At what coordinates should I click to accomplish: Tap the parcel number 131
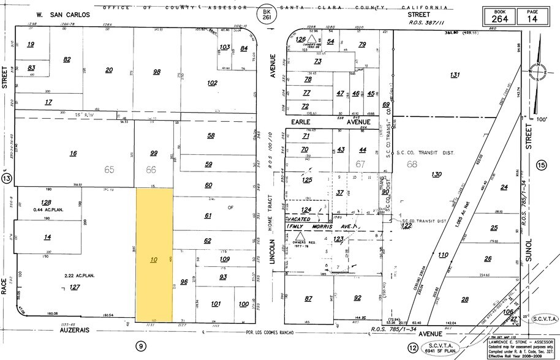pyautogui.click(x=454, y=75)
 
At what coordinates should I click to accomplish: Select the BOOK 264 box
pyautogui.click(x=500, y=16)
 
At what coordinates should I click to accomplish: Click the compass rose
pyautogui.click(x=539, y=72)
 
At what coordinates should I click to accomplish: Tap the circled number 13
pyautogui.click(x=7, y=178)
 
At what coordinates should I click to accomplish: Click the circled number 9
pyautogui.click(x=140, y=347)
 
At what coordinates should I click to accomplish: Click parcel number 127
pyautogui.click(x=75, y=287)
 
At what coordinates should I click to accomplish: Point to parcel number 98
pyautogui.click(x=156, y=72)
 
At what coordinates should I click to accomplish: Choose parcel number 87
pyautogui.click(x=308, y=298)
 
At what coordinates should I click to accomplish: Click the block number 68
pyautogui.click(x=412, y=163)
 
